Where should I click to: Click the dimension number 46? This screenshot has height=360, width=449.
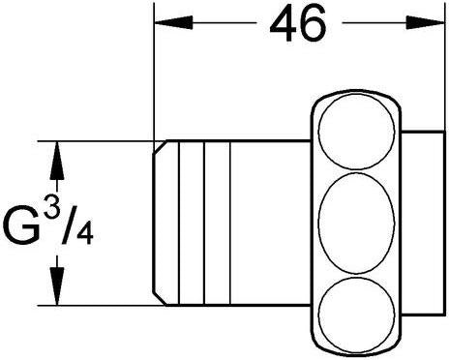(298, 23)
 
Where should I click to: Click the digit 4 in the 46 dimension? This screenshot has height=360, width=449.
(283, 24)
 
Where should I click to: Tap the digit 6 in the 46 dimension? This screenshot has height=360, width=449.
(313, 23)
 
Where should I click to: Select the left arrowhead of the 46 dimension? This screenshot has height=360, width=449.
(174, 23)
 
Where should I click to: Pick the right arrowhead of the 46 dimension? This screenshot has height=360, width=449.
(425, 23)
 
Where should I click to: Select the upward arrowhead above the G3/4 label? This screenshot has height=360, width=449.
(57, 161)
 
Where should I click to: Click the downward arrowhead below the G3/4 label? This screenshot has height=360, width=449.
(57, 285)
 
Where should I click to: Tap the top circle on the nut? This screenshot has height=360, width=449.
(356, 132)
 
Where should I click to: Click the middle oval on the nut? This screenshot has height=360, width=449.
(356, 223)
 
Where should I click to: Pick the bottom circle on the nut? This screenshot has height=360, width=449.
(356, 314)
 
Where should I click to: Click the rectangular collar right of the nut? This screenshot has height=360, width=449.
(424, 223)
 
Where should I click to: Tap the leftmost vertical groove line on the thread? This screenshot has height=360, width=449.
(178, 223)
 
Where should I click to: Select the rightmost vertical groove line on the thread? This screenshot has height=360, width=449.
(230, 223)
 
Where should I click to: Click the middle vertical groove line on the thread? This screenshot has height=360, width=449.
(204, 223)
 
